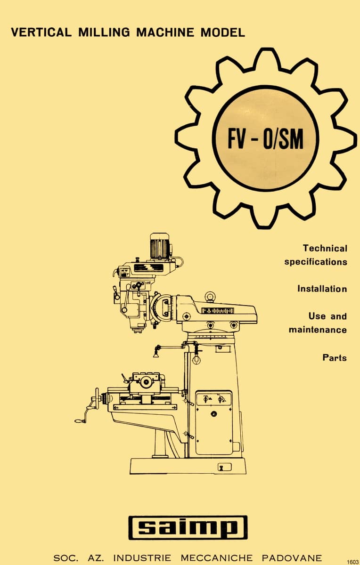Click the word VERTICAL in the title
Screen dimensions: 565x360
click(x=41, y=32)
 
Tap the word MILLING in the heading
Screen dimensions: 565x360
click(x=103, y=32)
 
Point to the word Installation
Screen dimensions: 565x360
click(x=322, y=289)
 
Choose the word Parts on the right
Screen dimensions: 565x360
click(x=335, y=357)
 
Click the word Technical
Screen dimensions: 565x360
click(x=325, y=248)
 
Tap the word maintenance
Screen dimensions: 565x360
click(x=318, y=330)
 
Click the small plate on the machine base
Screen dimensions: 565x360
click(x=224, y=467)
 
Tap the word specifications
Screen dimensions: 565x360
click(x=315, y=261)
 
